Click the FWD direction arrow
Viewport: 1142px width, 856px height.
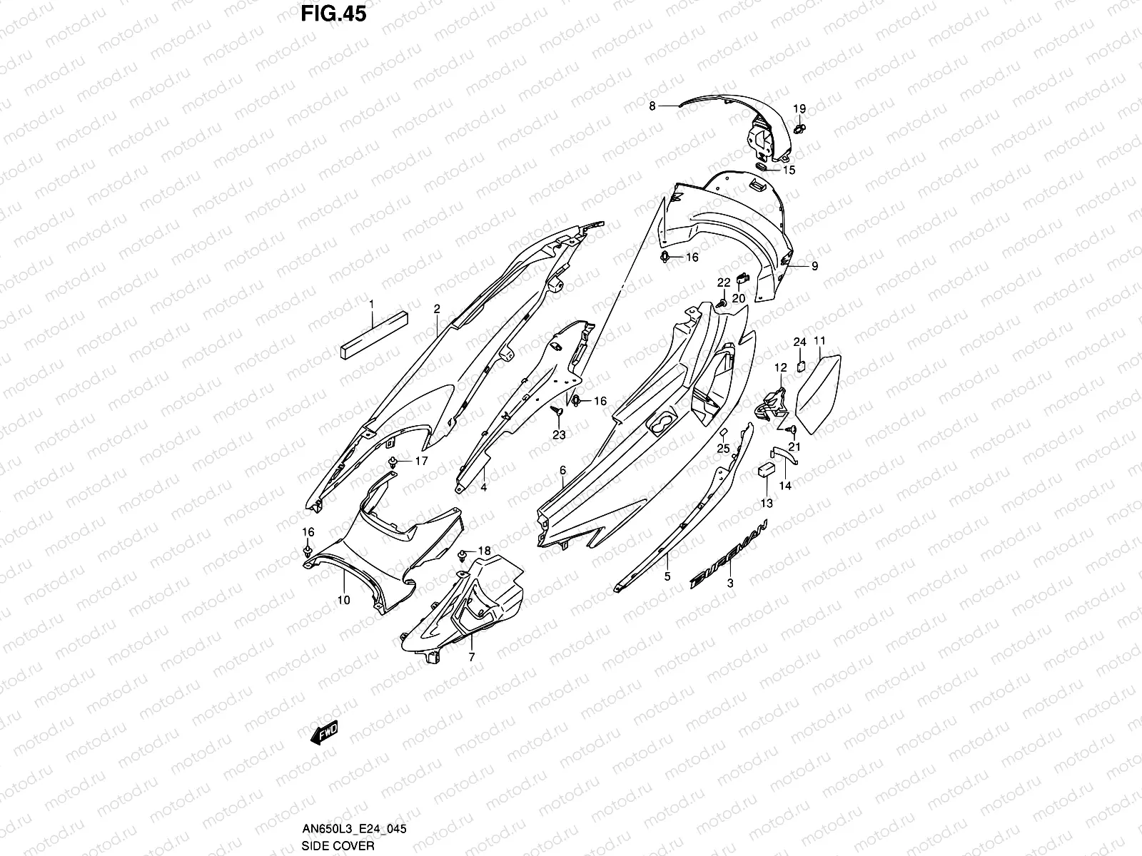[323, 733]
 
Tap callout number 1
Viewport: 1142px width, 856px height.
[372, 305]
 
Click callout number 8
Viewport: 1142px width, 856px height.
[652, 106]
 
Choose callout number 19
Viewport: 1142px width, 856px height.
[800, 109]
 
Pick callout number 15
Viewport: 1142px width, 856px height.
[789, 170]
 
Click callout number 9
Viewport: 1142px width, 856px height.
[814, 266]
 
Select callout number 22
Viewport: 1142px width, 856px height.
[724, 282]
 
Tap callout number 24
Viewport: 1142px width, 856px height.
[799, 342]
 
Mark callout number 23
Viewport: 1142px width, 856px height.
[559, 434]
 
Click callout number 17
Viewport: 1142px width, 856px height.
[421, 461]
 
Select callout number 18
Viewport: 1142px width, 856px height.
[484, 551]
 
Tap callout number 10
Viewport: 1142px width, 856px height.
[343, 600]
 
